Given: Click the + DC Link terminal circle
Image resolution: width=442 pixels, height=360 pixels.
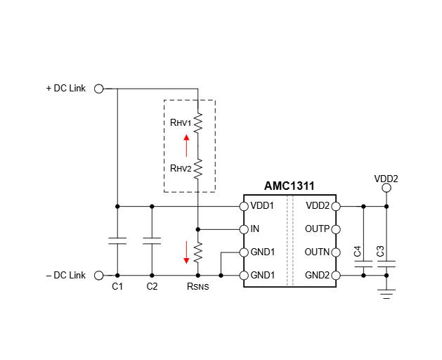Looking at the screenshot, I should [x=98, y=89].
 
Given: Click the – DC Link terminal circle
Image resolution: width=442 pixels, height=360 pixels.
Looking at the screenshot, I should [x=98, y=275].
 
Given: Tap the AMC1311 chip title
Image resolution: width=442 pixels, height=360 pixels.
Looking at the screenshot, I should [x=289, y=186].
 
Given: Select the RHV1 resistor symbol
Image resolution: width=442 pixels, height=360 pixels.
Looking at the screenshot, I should [x=198, y=123].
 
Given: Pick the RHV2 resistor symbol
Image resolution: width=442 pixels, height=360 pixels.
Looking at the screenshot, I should [x=198, y=168].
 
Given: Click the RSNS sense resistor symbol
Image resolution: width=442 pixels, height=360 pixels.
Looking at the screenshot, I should [x=198, y=250].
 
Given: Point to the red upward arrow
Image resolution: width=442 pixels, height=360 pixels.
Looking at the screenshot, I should [x=186, y=146].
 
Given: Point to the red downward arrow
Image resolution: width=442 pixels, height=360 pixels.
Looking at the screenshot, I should [x=186, y=252].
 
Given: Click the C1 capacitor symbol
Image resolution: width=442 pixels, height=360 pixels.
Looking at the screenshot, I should [x=117, y=240].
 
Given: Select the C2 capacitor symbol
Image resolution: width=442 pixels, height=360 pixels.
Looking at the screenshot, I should [x=152, y=240].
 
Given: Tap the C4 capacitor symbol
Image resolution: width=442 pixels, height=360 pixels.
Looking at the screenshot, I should [x=363, y=265].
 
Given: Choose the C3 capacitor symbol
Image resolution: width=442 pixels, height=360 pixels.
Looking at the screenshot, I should [x=386, y=265].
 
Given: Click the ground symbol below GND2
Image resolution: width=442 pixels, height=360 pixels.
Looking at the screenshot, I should [x=386, y=292].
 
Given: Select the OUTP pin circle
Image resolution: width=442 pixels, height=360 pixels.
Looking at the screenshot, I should [x=335, y=229].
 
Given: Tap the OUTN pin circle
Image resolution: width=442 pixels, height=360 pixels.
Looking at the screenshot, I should [x=335, y=252].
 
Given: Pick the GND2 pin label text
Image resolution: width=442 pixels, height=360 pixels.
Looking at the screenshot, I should [x=317, y=275].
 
